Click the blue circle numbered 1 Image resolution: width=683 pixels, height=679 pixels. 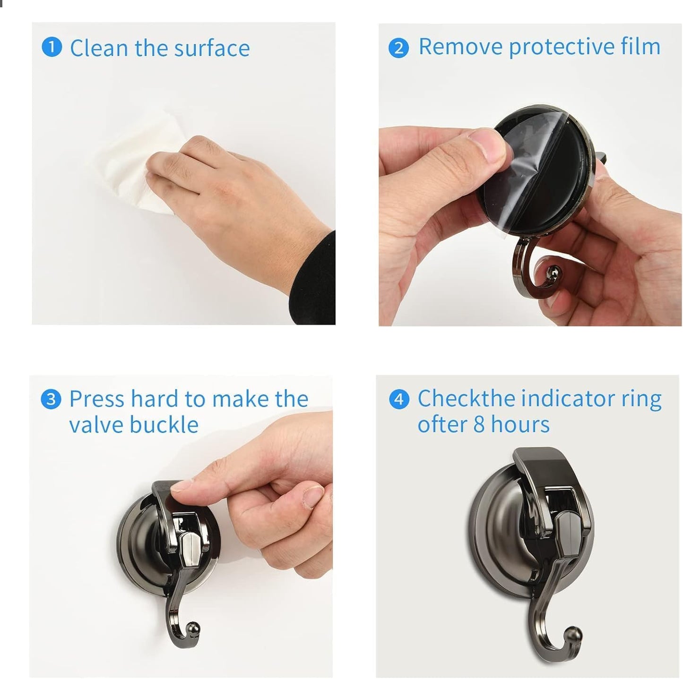pos(52,47)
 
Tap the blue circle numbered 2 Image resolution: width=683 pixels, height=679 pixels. pos(398,48)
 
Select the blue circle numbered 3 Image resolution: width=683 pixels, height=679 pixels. pos(51,399)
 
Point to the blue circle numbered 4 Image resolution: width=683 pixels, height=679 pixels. pos(399,399)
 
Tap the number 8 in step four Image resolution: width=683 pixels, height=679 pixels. pos(479,424)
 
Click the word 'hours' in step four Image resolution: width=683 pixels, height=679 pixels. pos(520,424)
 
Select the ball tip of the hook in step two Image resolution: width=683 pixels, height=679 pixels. pos(552,272)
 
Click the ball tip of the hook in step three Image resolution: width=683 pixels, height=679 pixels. pos(193,628)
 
